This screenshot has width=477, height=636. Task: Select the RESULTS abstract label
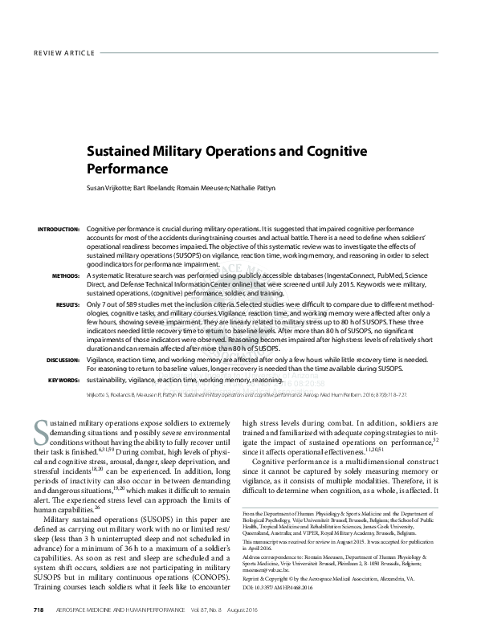point(66,305)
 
